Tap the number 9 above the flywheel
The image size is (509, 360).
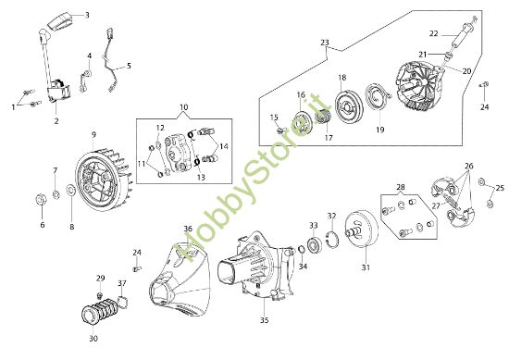pos(93,135)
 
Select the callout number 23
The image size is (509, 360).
pos(324,43)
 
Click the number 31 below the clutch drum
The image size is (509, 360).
pos(365,268)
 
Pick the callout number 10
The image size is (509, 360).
pos(182,107)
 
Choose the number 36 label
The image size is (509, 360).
pos(187,229)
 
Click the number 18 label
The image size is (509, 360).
pos(341,77)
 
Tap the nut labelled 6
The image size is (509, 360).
pos(41,200)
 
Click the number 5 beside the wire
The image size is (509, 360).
pos(129,66)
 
